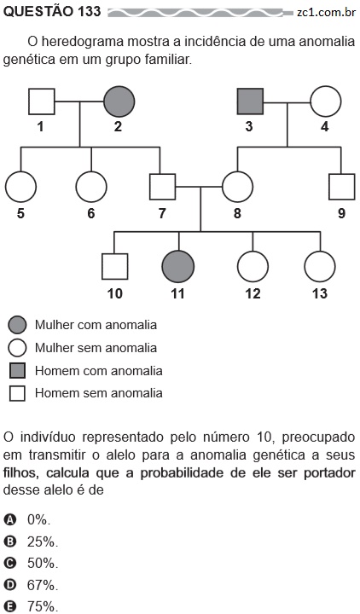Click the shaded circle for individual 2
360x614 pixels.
pyautogui.click(x=119, y=101)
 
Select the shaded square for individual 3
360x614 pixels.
pyautogui.click(x=250, y=101)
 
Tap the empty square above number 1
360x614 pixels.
pyautogui.click(x=42, y=101)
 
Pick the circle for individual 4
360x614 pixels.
pyautogui.click(x=326, y=101)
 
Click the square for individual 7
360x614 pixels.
pyautogui.click(x=163, y=187)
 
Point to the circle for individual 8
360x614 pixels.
pyautogui.click(x=237, y=187)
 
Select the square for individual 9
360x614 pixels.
pyautogui.click(x=341, y=187)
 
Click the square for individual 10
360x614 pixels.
pyautogui.click(x=115, y=267)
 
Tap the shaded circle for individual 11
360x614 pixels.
pyautogui.click(x=177, y=267)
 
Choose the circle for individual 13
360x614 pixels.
pyautogui.click(x=320, y=267)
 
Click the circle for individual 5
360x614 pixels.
pyautogui.click(x=20, y=187)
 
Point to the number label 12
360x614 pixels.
pyautogui.click(x=253, y=293)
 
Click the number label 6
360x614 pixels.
pyautogui.click(x=91, y=213)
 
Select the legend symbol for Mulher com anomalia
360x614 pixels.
pyautogui.click(x=17, y=325)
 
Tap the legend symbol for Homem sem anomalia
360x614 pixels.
pyautogui.click(x=17, y=393)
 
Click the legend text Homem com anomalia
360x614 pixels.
pyautogui.click(x=99, y=370)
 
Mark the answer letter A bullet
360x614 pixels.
pyautogui.click(x=9, y=519)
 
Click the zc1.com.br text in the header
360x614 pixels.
pyautogui.click(x=326, y=12)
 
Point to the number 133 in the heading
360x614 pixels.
pyautogui.click(x=89, y=12)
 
